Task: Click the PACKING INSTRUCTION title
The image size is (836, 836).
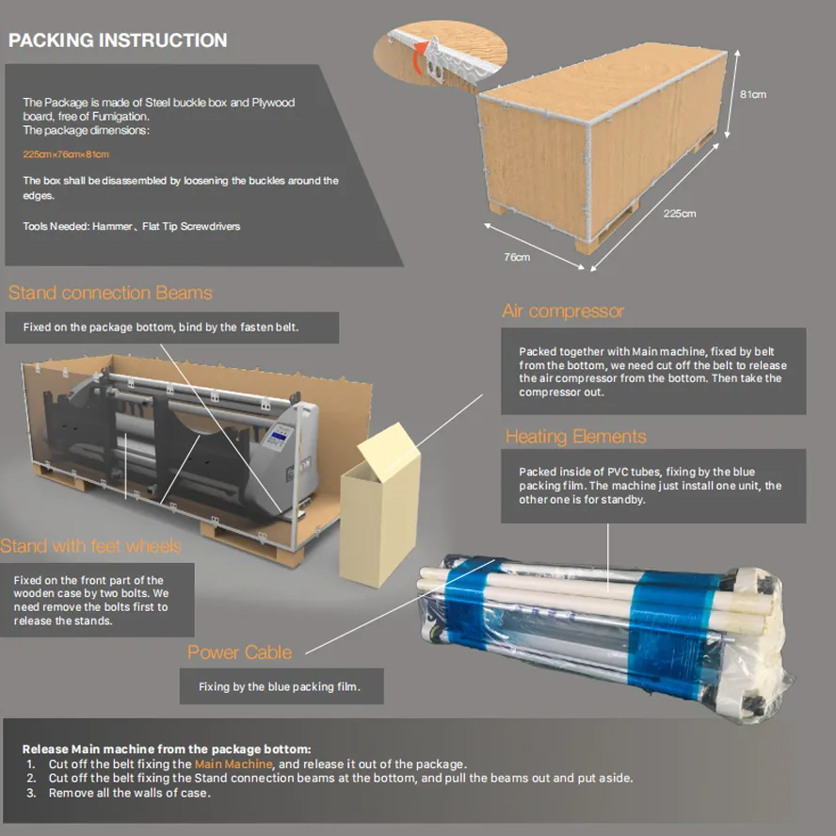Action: tap(118, 40)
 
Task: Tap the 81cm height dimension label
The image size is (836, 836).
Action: tap(752, 94)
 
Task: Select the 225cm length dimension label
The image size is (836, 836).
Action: tap(679, 214)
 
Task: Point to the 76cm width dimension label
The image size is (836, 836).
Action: tap(516, 256)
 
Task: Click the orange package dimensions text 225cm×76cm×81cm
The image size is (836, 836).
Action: tap(66, 153)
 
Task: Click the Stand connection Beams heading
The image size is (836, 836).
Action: tap(110, 293)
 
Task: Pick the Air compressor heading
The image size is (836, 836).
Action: tap(563, 311)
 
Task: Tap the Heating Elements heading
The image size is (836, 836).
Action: tap(575, 436)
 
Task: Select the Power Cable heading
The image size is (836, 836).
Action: tap(239, 651)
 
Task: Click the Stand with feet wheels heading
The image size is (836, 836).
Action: tap(90, 546)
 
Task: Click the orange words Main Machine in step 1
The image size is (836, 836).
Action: tap(233, 764)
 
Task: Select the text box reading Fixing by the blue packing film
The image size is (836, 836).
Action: tap(282, 686)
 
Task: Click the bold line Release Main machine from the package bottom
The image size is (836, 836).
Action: tap(167, 748)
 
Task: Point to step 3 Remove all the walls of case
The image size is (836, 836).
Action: tap(129, 793)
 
